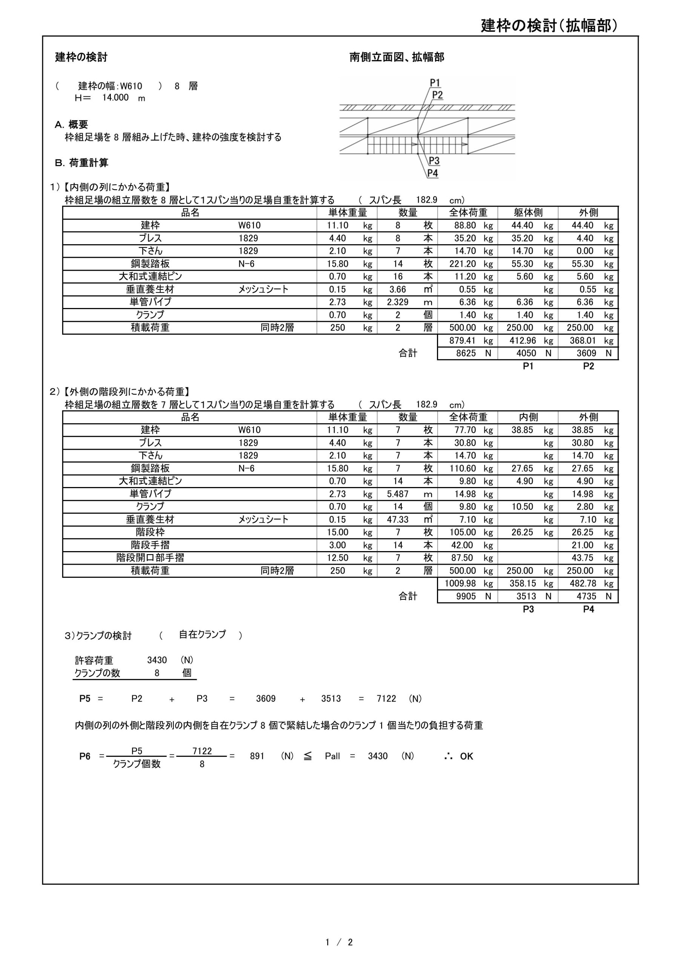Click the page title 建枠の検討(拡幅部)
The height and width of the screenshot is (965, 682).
click(549, 26)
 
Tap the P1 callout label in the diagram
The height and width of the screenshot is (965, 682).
click(435, 83)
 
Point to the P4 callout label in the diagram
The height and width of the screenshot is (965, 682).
click(433, 173)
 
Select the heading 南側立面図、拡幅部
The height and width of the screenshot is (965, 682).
click(397, 57)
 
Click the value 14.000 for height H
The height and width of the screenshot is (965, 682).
click(115, 98)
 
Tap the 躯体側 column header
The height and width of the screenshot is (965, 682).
click(528, 213)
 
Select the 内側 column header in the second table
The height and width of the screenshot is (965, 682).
click(528, 417)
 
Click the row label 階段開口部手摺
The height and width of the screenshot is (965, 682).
click(150, 558)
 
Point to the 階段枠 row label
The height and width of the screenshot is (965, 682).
click(150, 532)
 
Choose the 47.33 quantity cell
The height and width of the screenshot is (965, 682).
click(397, 519)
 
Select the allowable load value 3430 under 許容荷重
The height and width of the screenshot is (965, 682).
click(157, 660)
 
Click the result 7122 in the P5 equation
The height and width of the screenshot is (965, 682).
click(386, 698)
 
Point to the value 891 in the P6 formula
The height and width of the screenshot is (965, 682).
click(257, 756)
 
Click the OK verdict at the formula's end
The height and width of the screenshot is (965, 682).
click(466, 757)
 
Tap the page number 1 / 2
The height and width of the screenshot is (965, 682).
click(339, 942)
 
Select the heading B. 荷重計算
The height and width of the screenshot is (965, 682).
click(81, 162)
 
